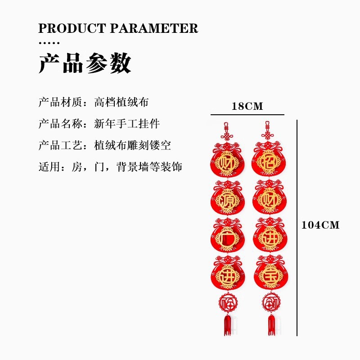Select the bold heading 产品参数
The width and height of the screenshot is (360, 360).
pyautogui.click(x=85, y=63)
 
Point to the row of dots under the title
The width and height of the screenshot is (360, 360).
pyautogui.click(x=49, y=43)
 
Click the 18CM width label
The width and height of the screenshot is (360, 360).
pyautogui.click(x=247, y=107)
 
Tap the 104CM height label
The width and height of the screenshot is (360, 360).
pyautogui.click(x=320, y=225)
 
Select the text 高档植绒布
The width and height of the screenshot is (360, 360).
pyautogui.click(x=121, y=102)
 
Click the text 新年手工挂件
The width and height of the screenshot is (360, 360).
pyautogui.click(x=127, y=123)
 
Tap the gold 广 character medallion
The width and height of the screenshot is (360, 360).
pyautogui.click(x=228, y=239)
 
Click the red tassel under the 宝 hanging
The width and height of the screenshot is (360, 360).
pyautogui.click(x=271, y=325)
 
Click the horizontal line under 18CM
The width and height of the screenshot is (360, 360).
pyautogui.click(x=247, y=115)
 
